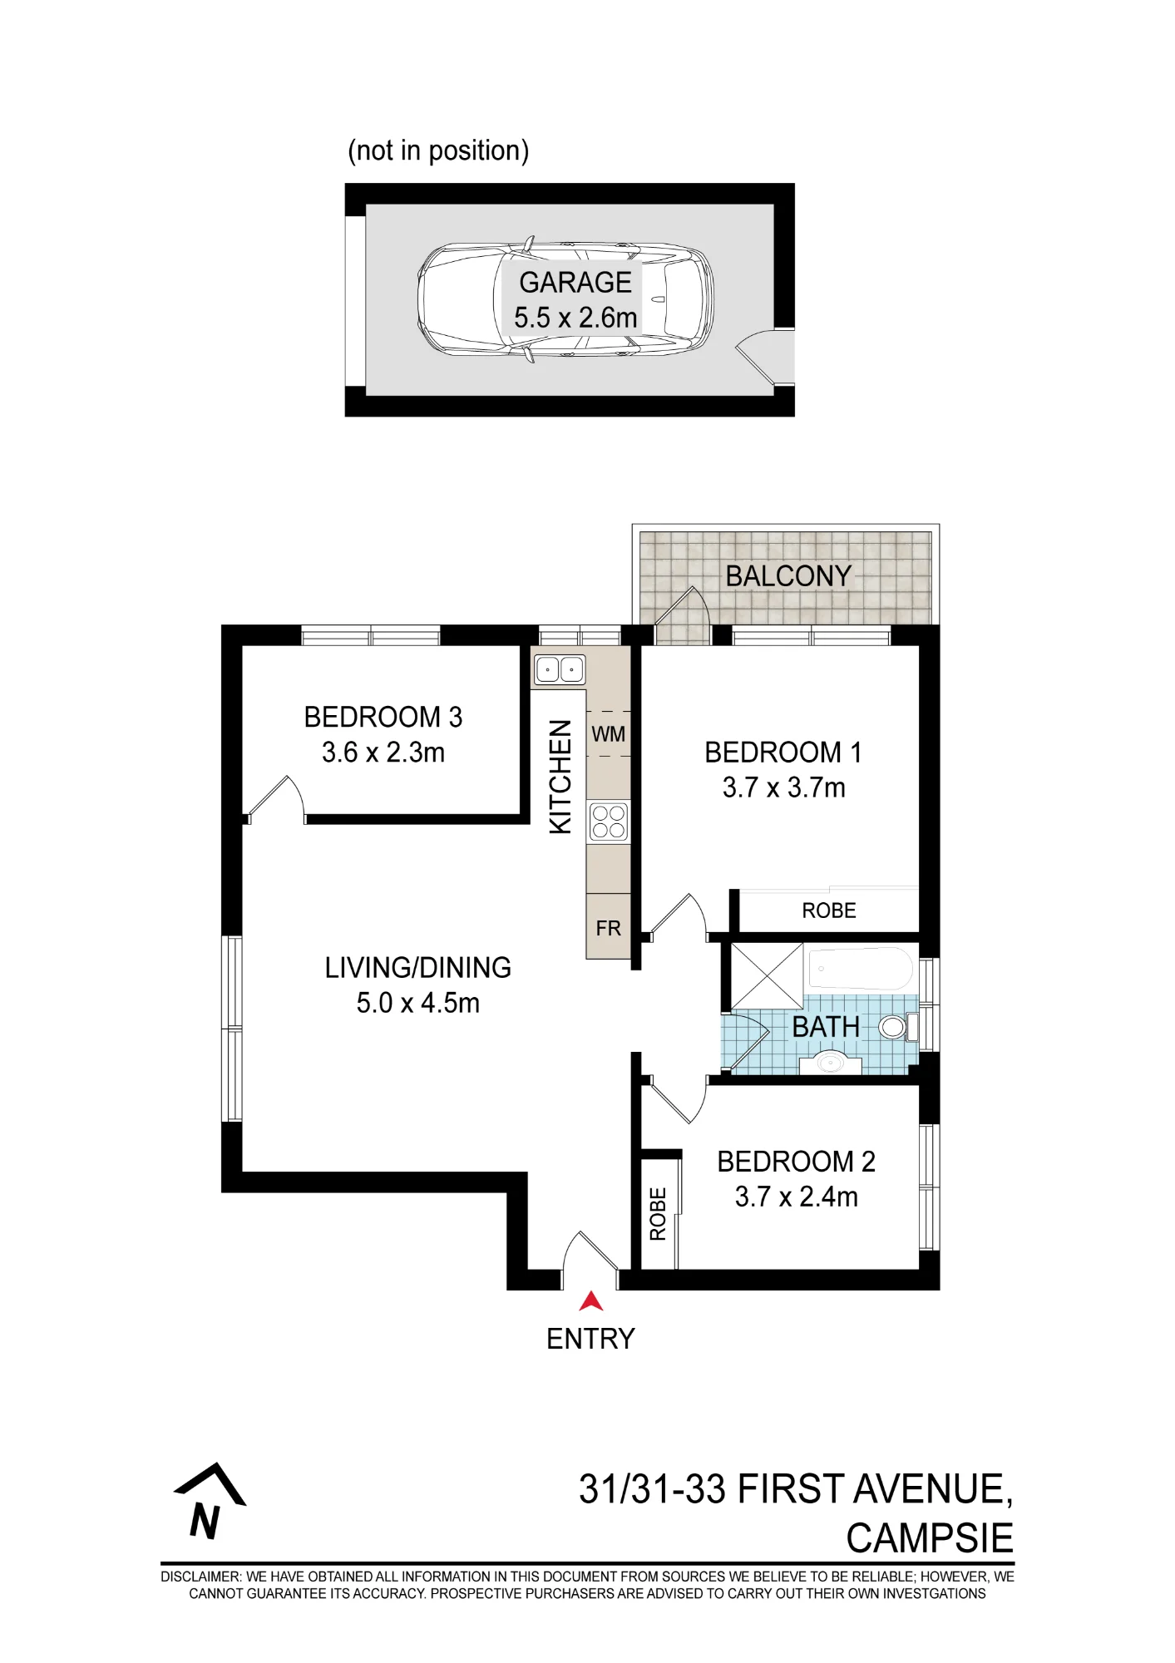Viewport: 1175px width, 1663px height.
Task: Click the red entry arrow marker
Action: pyautogui.click(x=590, y=1301)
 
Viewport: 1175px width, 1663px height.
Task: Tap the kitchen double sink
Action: pyautogui.click(x=560, y=669)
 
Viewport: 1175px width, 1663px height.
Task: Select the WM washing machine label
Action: pyautogui.click(x=609, y=734)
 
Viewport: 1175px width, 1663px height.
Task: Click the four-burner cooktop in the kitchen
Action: pyautogui.click(x=609, y=822)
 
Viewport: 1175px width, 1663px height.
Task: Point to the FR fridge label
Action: pyautogui.click(x=609, y=928)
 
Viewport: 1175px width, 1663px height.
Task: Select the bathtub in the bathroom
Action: pyautogui.click(x=861, y=969)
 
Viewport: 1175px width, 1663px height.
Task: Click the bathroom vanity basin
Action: pyautogui.click(x=829, y=1062)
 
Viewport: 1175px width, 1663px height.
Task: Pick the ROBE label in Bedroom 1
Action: pyautogui.click(x=829, y=910)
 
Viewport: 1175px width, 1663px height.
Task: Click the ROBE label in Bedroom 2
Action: pyautogui.click(x=658, y=1215)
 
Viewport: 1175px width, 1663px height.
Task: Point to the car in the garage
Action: pyautogui.click(x=565, y=299)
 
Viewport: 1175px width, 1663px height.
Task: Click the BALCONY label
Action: pyautogui.click(x=788, y=575)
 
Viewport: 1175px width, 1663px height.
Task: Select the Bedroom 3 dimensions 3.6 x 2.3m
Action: pyautogui.click(x=383, y=753)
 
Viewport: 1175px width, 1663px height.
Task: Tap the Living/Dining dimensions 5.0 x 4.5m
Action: pyautogui.click(x=418, y=1003)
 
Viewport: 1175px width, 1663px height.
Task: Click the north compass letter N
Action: pyautogui.click(x=205, y=1522)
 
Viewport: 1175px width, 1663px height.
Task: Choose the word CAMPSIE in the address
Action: pyautogui.click(x=930, y=1538)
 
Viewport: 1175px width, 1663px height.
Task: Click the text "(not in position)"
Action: pyautogui.click(x=438, y=151)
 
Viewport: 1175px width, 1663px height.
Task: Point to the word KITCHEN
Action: pyautogui.click(x=560, y=777)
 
